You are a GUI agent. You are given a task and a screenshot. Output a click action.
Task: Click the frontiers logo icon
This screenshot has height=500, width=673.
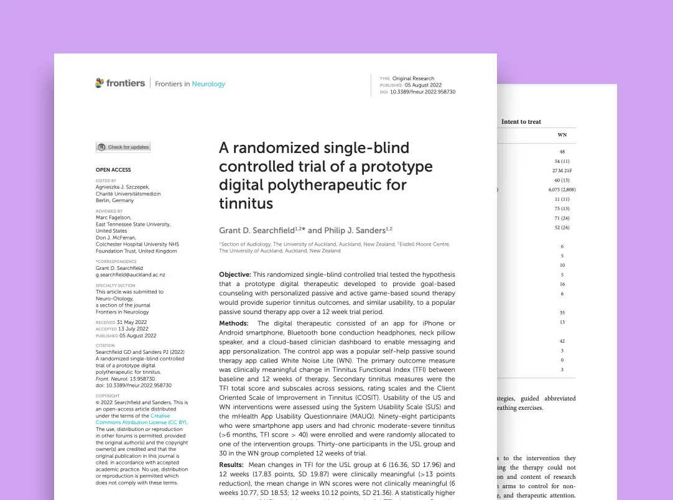(x=100, y=83)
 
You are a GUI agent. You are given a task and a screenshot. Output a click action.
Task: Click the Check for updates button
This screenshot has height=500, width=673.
(x=123, y=147)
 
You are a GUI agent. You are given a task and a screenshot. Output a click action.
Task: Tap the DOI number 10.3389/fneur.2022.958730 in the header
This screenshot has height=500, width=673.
(x=422, y=92)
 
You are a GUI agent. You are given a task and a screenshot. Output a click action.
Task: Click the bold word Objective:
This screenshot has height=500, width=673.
(x=235, y=274)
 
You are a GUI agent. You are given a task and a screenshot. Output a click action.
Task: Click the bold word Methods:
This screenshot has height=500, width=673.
(x=233, y=323)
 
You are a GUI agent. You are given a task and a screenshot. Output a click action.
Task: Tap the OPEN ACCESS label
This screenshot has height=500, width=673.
(x=113, y=170)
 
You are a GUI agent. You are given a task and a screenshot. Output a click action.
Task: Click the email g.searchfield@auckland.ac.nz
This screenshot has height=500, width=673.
(x=130, y=275)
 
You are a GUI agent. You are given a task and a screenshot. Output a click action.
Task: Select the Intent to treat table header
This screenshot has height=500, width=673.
(x=521, y=122)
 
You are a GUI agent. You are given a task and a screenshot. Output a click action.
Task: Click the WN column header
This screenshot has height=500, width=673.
(x=562, y=135)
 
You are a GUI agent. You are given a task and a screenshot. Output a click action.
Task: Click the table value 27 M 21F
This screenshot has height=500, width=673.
(x=562, y=171)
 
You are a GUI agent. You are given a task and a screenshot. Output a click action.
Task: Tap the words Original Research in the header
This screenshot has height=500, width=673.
(x=413, y=79)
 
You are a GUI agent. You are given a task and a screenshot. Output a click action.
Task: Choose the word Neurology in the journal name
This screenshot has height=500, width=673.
(x=208, y=84)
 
